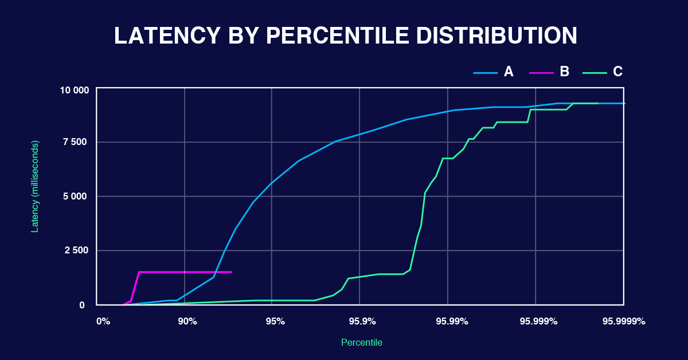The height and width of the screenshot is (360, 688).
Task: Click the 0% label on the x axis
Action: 103,322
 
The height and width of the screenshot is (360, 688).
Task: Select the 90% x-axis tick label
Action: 187,322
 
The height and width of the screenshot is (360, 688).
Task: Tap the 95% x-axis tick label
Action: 275,322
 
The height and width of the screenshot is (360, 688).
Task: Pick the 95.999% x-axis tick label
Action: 538,322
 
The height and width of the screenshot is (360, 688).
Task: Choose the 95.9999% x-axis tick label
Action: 624,322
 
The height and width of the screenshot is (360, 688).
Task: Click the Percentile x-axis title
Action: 361,343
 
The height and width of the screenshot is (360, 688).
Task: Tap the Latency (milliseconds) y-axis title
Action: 35,186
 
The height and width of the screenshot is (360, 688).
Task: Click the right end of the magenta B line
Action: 231,272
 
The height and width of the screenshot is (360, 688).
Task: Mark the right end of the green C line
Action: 597,103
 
